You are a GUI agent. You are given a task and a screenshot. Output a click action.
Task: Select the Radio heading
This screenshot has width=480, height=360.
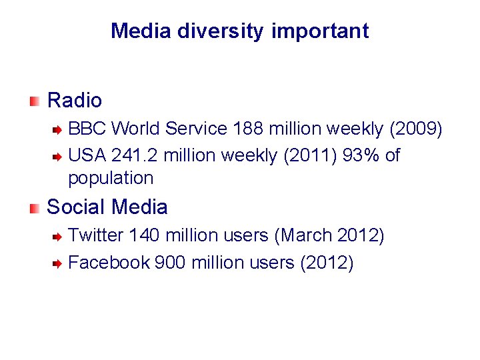(x=75, y=101)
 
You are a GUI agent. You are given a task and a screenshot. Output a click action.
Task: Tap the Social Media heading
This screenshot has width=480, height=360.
(x=107, y=207)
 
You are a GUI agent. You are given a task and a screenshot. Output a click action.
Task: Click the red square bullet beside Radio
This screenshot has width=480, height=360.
(x=35, y=101)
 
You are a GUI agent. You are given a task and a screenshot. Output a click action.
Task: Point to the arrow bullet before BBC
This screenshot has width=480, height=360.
(x=58, y=129)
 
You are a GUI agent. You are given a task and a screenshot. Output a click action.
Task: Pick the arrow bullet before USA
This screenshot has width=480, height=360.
(x=58, y=157)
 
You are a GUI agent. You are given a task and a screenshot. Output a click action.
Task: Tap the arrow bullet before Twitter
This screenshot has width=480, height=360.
(x=58, y=236)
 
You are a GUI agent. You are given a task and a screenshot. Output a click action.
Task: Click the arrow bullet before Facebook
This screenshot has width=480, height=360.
(x=58, y=263)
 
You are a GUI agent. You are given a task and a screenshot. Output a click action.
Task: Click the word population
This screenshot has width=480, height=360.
(x=111, y=179)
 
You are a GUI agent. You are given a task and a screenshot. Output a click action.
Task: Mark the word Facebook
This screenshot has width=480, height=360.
(x=109, y=263)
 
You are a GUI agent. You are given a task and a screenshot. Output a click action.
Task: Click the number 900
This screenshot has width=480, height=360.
(x=170, y=263)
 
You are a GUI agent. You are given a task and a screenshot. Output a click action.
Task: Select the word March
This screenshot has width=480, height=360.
(x=305, y=235)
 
